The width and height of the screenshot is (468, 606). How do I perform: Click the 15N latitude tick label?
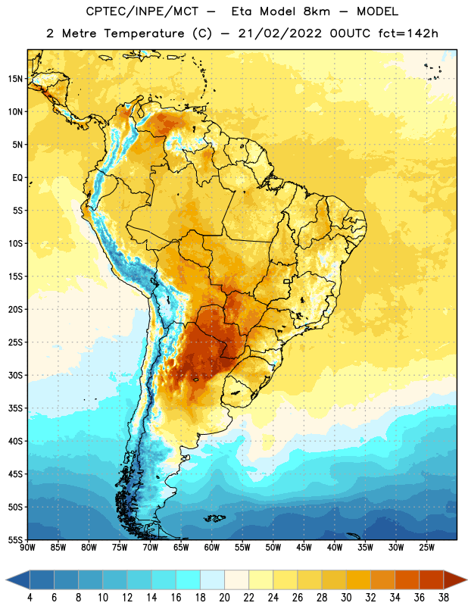(x=15, y=79)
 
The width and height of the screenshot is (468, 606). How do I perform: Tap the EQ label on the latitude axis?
(x=17, y=178)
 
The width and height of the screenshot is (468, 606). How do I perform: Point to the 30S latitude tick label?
(x=15, y=375)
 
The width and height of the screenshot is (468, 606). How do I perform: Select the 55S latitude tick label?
(x=15, y=540)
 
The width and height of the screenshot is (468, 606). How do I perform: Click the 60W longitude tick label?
(x=211, y=548)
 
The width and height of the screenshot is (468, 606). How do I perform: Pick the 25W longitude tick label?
(x=426, y=548)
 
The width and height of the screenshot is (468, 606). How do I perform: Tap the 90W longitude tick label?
(x=27, y=548)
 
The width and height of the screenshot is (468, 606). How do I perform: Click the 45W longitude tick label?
(x=304, y=548)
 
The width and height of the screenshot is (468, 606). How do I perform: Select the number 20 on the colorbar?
(x=224, y=598)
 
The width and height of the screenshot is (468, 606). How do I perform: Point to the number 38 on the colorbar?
(x=443, y=598)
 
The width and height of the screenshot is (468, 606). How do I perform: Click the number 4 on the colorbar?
(x=30, y=598)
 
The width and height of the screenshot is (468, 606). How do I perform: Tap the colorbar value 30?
(x=346, y=598)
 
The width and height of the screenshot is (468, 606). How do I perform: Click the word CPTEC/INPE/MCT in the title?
(x=142, y=11)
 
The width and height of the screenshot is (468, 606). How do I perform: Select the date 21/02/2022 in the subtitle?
(x=279, y=33)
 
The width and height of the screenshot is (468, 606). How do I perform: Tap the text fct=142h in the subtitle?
(x=408, y=33)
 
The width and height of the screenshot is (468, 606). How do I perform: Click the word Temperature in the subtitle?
(x=144, y=34)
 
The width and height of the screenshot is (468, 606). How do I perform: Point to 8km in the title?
(x=317, y=11)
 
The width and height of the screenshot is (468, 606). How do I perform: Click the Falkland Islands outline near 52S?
(x=214, y=518)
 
